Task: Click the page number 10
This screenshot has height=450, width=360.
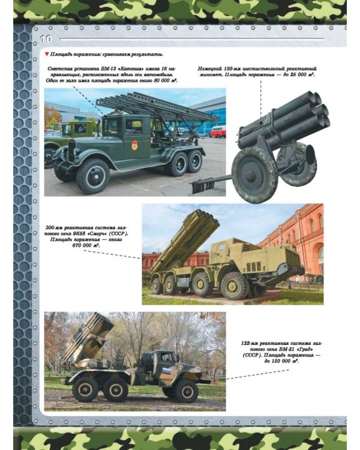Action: [x=46, y=39]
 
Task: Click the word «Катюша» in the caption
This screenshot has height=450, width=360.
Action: [x=119, y=69]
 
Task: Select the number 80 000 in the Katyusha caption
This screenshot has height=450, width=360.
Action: [x=158, y=80]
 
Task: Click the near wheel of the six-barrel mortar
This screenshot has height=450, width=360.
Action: [x=254, y=175]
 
